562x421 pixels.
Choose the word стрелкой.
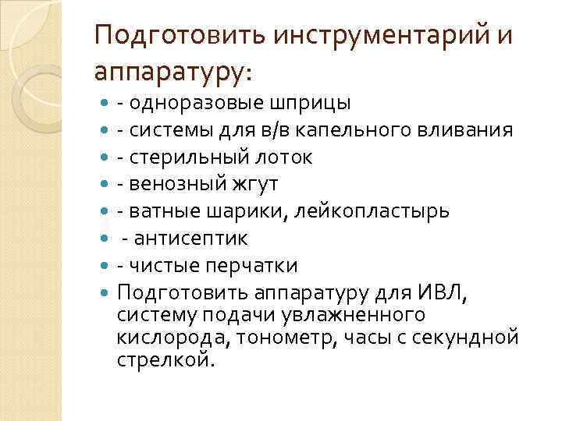[x=164, y=359]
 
